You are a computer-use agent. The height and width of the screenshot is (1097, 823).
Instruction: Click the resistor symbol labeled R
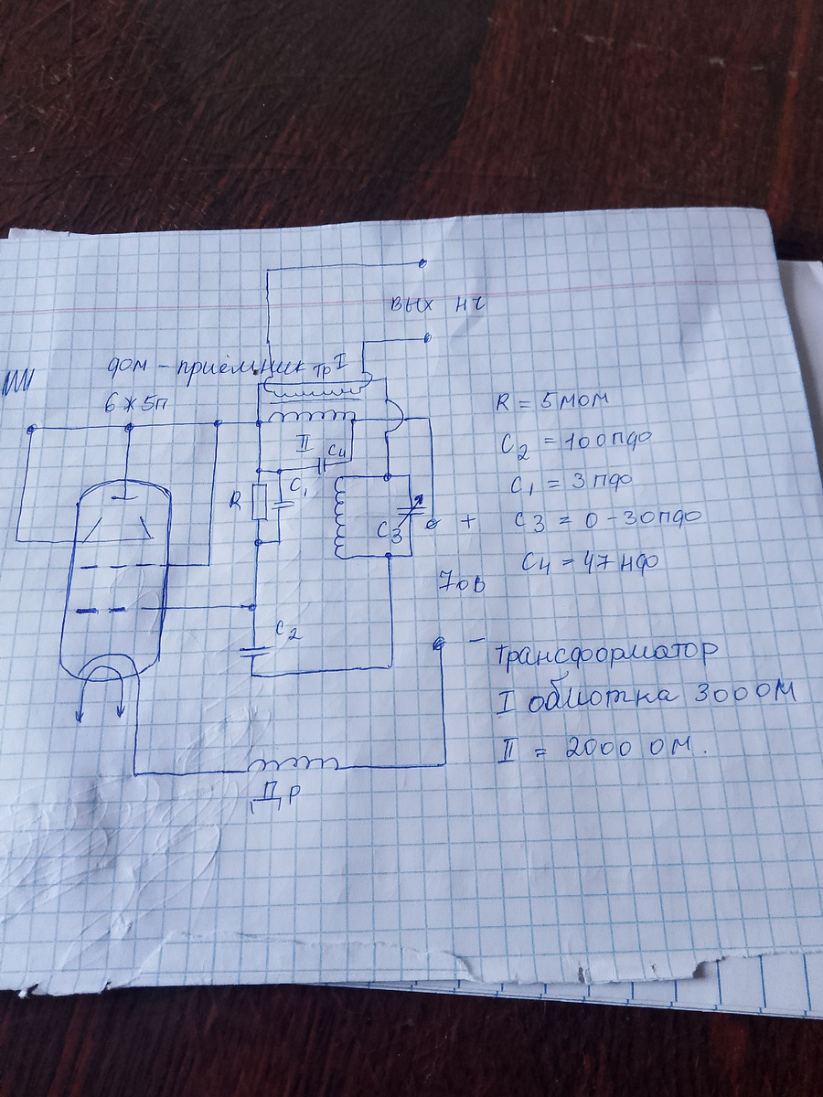[261, 503]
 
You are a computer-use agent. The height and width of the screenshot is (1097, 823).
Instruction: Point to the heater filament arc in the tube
[102, 677]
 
